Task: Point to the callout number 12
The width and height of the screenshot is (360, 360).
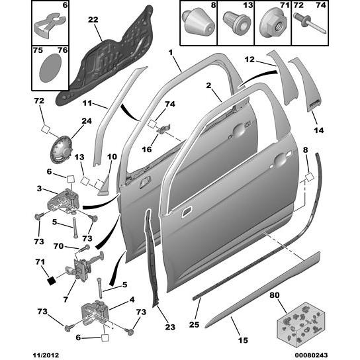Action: click(x=249, y=59)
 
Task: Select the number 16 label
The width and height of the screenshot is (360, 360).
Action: click(x=147, y=150)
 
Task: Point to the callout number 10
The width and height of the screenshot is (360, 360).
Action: click(x=111, y=157)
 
